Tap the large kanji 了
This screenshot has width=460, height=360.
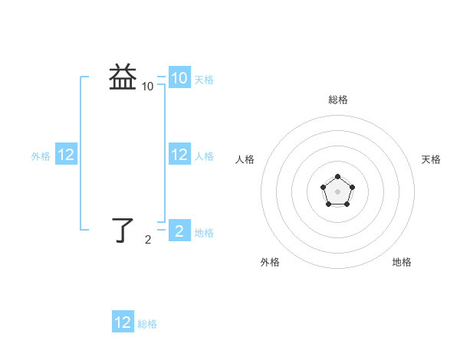click(x=123, y=229)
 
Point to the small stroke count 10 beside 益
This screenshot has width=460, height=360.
click(x=148, y=87)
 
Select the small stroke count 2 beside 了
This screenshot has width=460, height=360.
click(x=148, y=240)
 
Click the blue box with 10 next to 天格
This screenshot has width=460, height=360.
click(x=179, y=78)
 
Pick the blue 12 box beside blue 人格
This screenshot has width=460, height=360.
click(x=179, y=155)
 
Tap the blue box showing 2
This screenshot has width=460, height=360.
click(x=179, y=231)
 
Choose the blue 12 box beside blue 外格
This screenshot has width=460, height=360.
click(x=66, y=155)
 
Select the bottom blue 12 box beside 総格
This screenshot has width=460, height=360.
click(x=123, y=322)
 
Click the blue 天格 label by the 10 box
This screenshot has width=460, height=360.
click(x=204, y=80)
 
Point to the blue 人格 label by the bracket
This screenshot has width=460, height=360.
click(x=204, y=156)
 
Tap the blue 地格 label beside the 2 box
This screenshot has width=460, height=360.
click(x=204, y=233)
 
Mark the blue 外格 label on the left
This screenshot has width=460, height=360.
click(x=41, y=156)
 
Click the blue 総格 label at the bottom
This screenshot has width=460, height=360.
click(x=147, y=324)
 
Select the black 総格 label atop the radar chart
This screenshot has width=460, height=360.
click(x=338, y=100)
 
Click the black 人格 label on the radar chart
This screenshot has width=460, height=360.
click(x=245, y=159)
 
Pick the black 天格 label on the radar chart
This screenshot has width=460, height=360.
click(x=432, y=159)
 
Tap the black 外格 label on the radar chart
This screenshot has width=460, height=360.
click(x=270, y=262)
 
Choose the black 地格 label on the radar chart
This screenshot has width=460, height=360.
click(x=402, y=262)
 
